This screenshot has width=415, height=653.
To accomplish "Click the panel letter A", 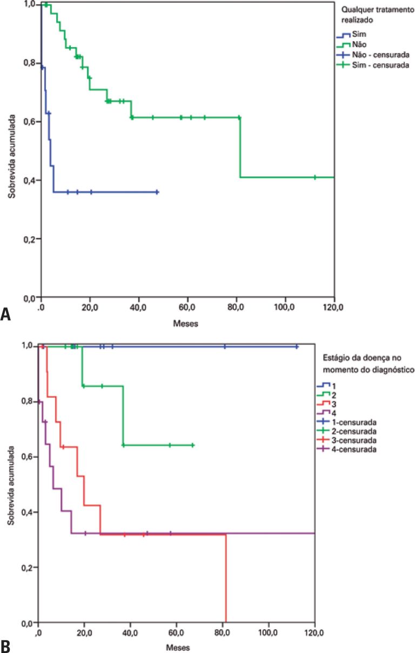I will click(6, 314).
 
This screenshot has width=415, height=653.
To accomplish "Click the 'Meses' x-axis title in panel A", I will click(187, 324).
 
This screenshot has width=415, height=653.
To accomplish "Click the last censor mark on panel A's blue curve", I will click(157, 192).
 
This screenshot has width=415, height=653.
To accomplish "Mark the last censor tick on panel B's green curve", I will click(193, 445).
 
